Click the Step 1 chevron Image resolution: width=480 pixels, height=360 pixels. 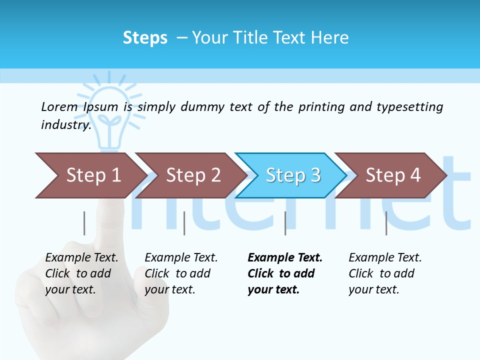pos(90,175)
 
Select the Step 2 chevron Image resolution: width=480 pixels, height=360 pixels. pos(190,175)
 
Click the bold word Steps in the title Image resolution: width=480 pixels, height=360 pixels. pos(145,38)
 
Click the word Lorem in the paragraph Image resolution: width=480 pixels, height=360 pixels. pos(59,106)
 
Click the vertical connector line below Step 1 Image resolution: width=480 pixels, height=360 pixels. pos(84,223)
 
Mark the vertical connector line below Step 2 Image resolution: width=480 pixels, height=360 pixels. pos(184,223)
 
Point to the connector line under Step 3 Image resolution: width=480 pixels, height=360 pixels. pos(285,223)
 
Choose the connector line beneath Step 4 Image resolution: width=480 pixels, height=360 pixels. pos(386,223)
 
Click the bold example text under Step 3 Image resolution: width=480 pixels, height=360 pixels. pos(284,273)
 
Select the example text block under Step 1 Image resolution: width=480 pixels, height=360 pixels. pos(81,273)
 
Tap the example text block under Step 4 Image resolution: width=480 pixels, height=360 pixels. pos(384,273)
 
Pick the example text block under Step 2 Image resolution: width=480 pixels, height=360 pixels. pos(181,273)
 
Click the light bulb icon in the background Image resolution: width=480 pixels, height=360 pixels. pos(108,110)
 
